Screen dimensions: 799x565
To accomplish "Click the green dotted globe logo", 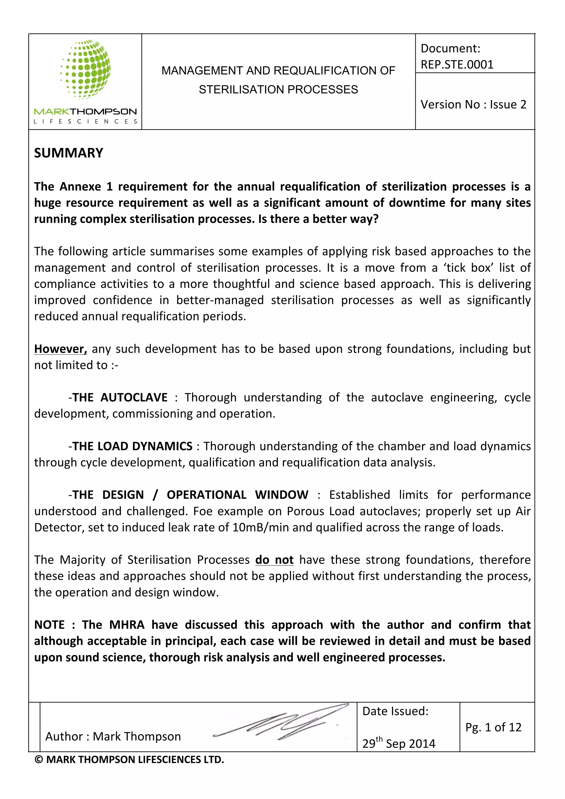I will point(86,69).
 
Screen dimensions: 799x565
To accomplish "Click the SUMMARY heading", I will point(68,153).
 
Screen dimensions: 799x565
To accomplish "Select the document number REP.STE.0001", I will point(457,65).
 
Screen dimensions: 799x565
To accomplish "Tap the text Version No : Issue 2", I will point(473,104).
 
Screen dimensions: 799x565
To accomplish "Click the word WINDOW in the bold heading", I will point(281,495).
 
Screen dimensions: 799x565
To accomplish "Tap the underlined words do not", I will point(274,560).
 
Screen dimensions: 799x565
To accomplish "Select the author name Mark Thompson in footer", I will point(137,737).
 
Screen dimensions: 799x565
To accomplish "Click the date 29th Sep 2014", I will point(399,743).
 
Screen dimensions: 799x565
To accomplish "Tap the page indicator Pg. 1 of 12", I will point(493,727).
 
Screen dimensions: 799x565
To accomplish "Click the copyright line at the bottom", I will point(129,760).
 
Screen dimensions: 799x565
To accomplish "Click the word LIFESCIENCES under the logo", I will point(86,121).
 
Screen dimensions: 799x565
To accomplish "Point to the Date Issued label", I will point(395,711).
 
